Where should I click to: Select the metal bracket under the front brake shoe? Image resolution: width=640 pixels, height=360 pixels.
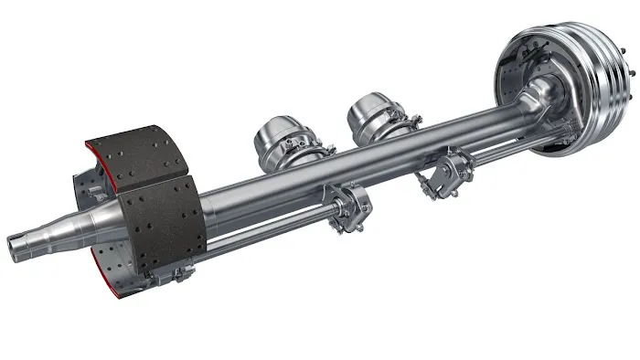pyautogui.click(x=183, y=272)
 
